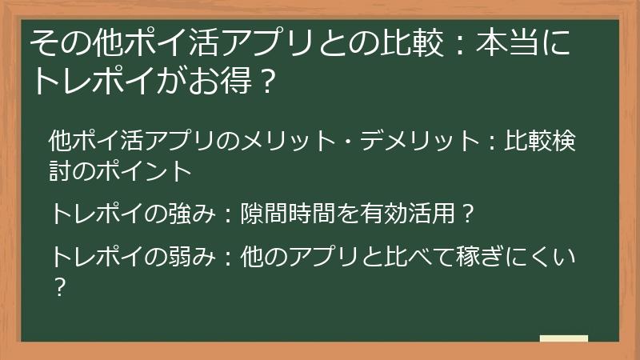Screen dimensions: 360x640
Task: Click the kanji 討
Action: (x=61, y=170)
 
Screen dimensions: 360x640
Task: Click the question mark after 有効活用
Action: (x=469, y=214)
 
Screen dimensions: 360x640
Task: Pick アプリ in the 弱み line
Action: (x=328, y=258)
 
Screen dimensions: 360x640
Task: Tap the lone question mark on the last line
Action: (x=58, y=286)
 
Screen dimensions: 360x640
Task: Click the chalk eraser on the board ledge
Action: (x=563, y=338)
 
